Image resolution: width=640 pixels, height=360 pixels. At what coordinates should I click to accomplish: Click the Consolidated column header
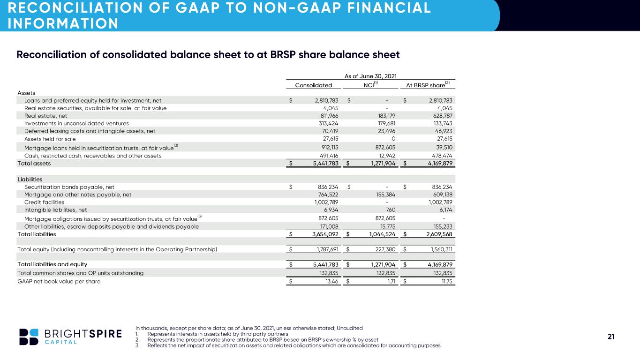313,85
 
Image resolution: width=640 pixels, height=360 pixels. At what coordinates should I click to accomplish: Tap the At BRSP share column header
428,84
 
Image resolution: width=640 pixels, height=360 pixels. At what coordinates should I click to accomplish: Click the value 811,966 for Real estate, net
330,116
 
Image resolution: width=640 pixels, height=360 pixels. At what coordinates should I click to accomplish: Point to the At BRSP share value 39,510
444,148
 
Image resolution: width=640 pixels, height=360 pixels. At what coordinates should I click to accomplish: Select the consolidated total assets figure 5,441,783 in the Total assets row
326,164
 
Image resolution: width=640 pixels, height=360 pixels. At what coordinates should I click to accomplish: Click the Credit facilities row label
44,202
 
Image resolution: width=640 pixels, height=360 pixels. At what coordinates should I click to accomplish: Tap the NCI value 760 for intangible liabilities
391,210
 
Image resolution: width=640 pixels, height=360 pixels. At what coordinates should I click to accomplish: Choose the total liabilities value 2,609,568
439,234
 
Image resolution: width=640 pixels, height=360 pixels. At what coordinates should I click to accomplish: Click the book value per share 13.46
332,281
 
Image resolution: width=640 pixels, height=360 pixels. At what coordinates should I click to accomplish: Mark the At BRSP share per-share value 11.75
447,281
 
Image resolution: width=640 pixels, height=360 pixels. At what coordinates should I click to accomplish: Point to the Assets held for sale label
50,139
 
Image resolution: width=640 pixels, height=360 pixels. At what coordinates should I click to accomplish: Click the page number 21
611,337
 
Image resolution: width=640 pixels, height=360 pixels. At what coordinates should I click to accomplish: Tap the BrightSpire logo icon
29,337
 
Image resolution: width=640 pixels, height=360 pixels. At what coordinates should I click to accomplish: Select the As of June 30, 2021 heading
370,76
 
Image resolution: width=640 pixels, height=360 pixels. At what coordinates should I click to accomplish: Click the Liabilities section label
30,180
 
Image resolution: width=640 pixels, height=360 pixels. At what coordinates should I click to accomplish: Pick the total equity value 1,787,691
327,249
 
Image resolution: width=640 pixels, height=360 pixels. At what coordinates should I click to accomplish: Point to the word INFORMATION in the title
63,23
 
